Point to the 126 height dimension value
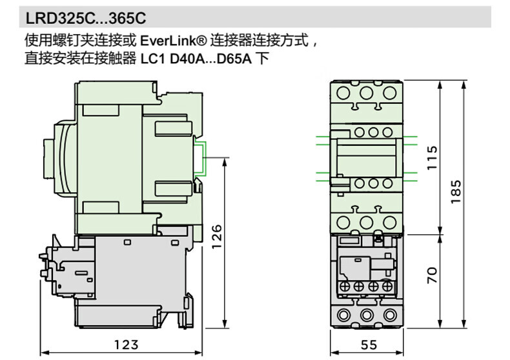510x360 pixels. (217, 237)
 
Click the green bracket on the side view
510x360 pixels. (202, 157)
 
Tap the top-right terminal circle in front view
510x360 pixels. (389, 92)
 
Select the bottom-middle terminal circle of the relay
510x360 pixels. (366, 315)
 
